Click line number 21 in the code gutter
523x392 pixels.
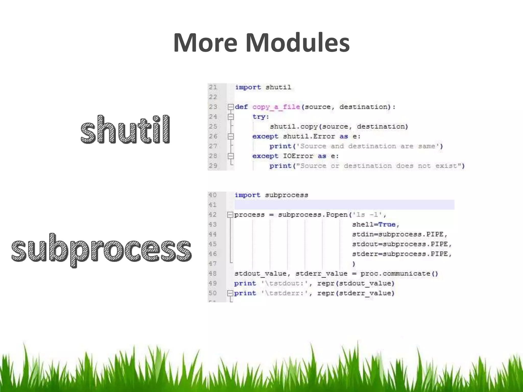(x=213, y=87)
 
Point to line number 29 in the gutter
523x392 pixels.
(x=213, y=166)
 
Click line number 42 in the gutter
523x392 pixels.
(x=212, y=215)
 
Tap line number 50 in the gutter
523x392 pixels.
(x=212, y=293)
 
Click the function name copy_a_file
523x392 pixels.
(x=276, y=107)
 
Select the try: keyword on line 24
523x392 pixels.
(x=261, y=117)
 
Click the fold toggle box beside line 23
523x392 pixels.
(x=231, y=107)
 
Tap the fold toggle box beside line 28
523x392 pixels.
(x=231, y=156)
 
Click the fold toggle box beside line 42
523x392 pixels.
(x=230, y=215)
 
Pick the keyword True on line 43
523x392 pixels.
(x=387, y=225)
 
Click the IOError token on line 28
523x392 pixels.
(x=298, y=156)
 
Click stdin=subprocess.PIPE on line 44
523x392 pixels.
(x=399, y=234)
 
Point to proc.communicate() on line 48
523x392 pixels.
(x=399, y=274)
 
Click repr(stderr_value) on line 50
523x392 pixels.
(x=356, y=293)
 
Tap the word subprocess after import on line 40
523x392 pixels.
(x=286, y=195)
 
